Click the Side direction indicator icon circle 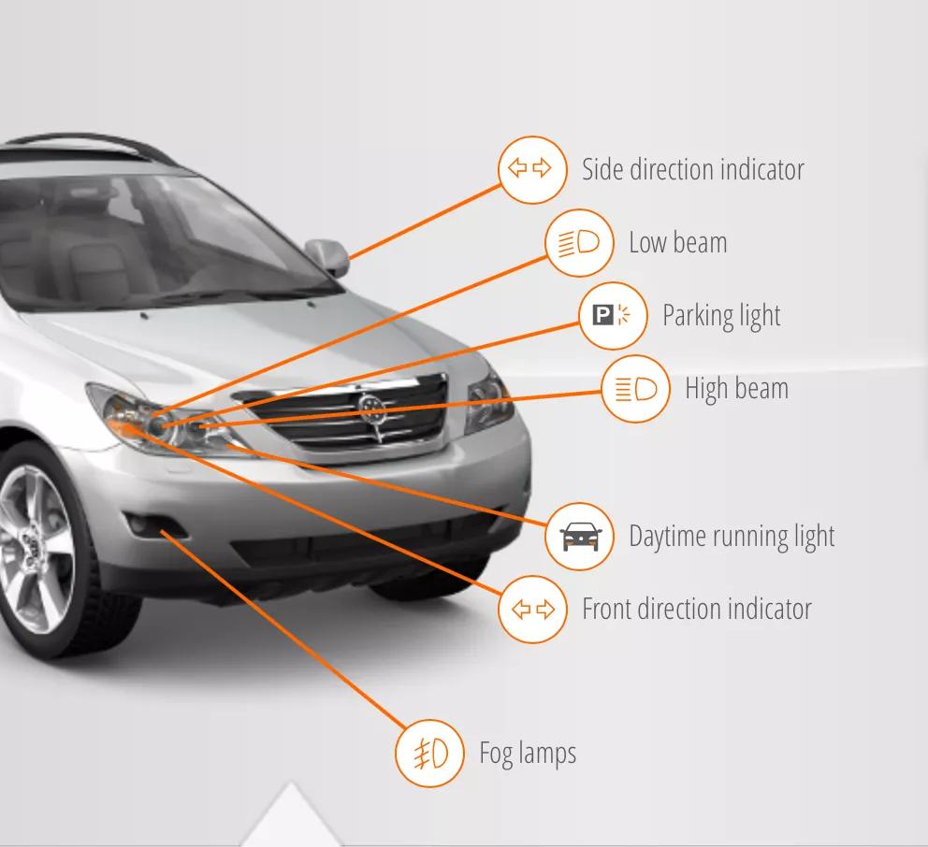pyautogui.click(x=532, y=169)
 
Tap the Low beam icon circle pyautogui.click(x=579, y=243)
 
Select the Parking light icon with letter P pyautogui.click(x=613, y=315)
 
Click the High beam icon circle pyautogui.click(x=636, y=389)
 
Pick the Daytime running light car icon pyautogui.click(x=579, y=537)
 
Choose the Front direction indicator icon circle pyautogui.click(x=532, y=610)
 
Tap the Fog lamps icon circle pyautogui.click(x=429, y=753)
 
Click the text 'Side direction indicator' pyautogui.click(x=692, y=169)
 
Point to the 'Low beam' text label pyautogui.click(x=677, y=243)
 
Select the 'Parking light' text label pyautogui.click(x=721, y=316)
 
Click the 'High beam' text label pyautogui.click(x=736, y=389)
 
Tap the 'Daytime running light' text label pyautogui.click(x=731, y=537)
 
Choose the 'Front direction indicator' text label pyautogui.click(x=696, y=610)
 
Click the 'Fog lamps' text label pyautogui.click(x=528, y=754)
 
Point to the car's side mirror pyautogui.click(x=327, y=255)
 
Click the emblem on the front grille pyautogui.click(x=371, y=407)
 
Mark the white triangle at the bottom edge pyautogui.click(x=291, y=821)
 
